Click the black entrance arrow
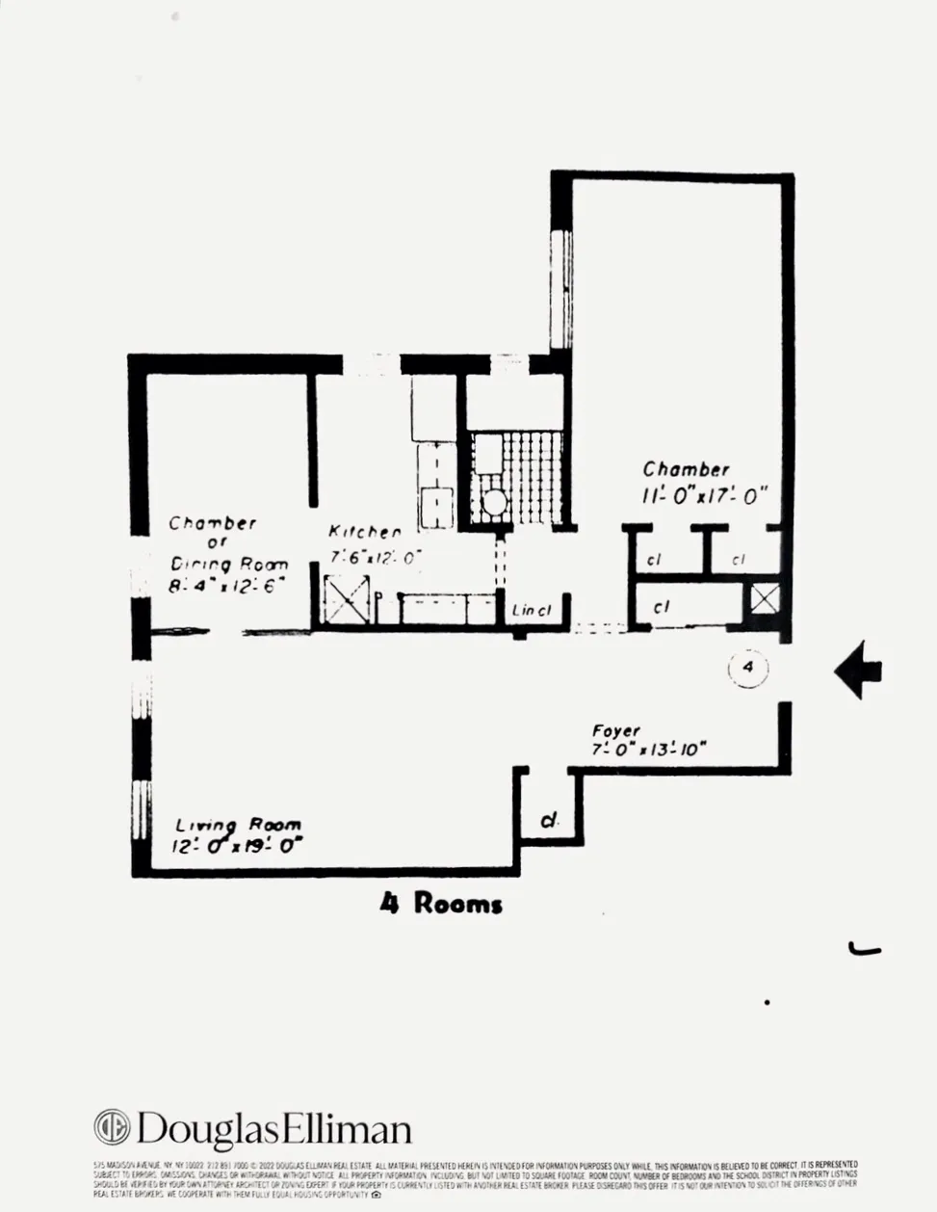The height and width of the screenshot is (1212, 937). coord(858,671)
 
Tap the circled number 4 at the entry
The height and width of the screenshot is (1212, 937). coord(748,667)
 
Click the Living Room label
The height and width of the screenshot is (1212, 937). coord(238,825)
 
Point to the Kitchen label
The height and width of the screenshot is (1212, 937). coord(364,532)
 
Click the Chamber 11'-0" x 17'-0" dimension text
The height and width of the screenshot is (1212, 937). coord(706,496)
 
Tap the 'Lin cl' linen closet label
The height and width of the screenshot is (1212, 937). coord(532,610)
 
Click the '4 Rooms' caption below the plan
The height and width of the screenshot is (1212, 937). coord(441,904)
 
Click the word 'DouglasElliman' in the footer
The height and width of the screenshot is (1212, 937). coord(273,1129)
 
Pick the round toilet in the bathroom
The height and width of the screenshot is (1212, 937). coord(494,502)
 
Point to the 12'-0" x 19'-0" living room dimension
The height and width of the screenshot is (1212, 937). coord(237,847)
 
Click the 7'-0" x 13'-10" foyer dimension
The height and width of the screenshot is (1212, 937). coord(649,750)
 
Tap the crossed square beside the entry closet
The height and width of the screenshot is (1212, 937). coord(765,599)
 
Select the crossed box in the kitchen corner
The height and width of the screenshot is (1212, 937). coord(347,598)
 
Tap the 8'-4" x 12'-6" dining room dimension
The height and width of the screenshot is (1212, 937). coord(227,585)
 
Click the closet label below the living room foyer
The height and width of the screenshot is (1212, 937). coord(549,820)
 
